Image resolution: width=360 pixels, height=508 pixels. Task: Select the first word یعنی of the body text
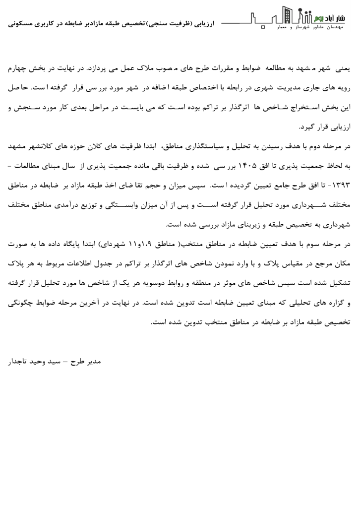click(x=344, y=65)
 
